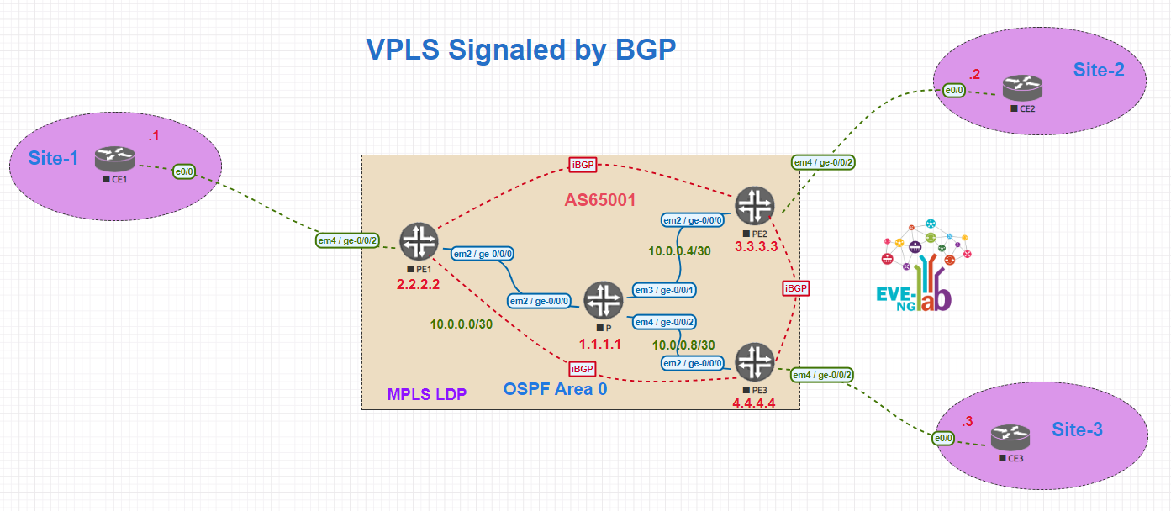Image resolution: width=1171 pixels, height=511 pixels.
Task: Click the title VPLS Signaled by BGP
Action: pos(521,50)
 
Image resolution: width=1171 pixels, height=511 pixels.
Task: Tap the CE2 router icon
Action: pos(1021,88)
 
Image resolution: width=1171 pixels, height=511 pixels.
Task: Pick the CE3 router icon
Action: pos(1009,438)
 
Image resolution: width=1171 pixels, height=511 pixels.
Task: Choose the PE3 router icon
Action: pos(754,361)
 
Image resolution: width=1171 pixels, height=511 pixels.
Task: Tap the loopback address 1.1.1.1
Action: pos(601,345)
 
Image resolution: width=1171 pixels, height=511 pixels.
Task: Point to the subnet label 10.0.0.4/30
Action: pos(680,250)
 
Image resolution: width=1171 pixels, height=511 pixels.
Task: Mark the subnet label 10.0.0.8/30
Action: pos(683,345)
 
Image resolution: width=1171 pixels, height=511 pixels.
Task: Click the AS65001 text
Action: pos(600,200)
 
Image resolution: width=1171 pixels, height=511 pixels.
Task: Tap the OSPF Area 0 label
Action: pos(555,389)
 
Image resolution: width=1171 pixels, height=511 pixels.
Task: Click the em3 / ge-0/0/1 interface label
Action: pos(664,290)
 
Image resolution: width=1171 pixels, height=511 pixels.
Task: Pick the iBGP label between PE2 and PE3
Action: pos(795,288)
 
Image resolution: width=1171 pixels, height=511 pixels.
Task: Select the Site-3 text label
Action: pos(1077,429)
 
